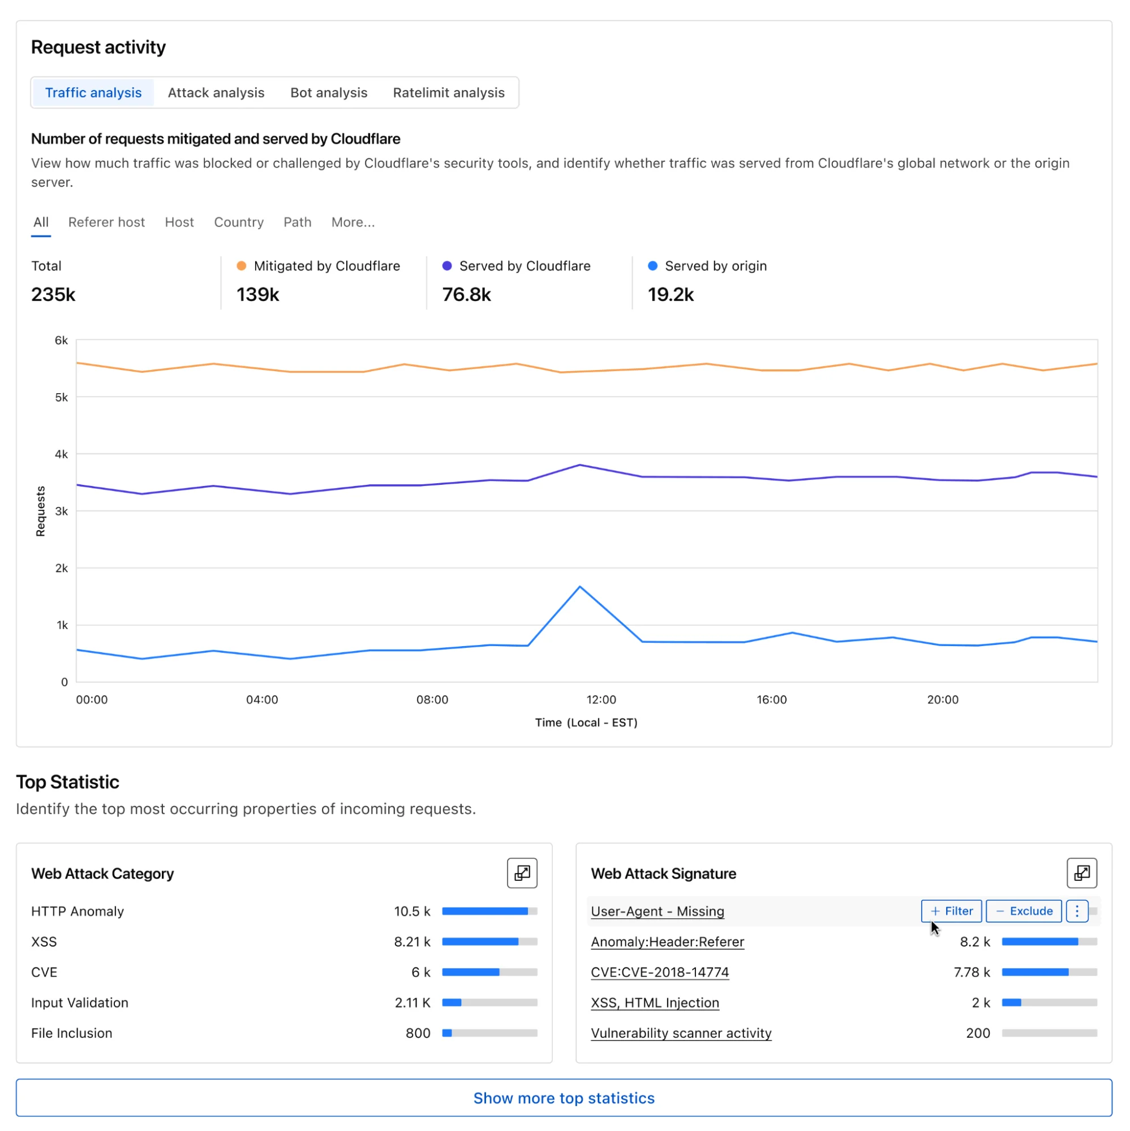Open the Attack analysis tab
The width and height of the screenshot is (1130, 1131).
point(216,92)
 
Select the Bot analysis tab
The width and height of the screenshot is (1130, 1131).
point(328,92)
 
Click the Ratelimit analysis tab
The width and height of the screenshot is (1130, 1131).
point(449,92)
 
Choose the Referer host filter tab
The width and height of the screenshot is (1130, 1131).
point(106,222)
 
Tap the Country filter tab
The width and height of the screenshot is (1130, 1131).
point(239,222)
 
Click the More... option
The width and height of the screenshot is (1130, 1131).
point(353,222)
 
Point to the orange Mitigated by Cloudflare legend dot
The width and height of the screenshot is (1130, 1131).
point(241,266)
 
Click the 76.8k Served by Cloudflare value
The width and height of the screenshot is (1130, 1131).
point(466,294)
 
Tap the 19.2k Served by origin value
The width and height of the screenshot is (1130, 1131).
point(671,294)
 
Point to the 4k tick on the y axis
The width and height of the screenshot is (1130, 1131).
point(61,454)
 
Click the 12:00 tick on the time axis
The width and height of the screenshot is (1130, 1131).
point(601,699)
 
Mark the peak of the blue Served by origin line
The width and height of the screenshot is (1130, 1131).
point(579,586)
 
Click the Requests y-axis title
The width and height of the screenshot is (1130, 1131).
point(40,510)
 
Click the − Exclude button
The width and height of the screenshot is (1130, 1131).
point(1024,911)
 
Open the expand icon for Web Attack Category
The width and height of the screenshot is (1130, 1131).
point(522,873)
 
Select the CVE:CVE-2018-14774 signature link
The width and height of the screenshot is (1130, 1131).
point(660,972)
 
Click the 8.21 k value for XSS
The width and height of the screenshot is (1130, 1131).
point(411,941)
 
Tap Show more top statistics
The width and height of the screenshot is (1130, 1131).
point(564,1098)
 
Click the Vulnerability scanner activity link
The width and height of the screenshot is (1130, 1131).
point(681,1033)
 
